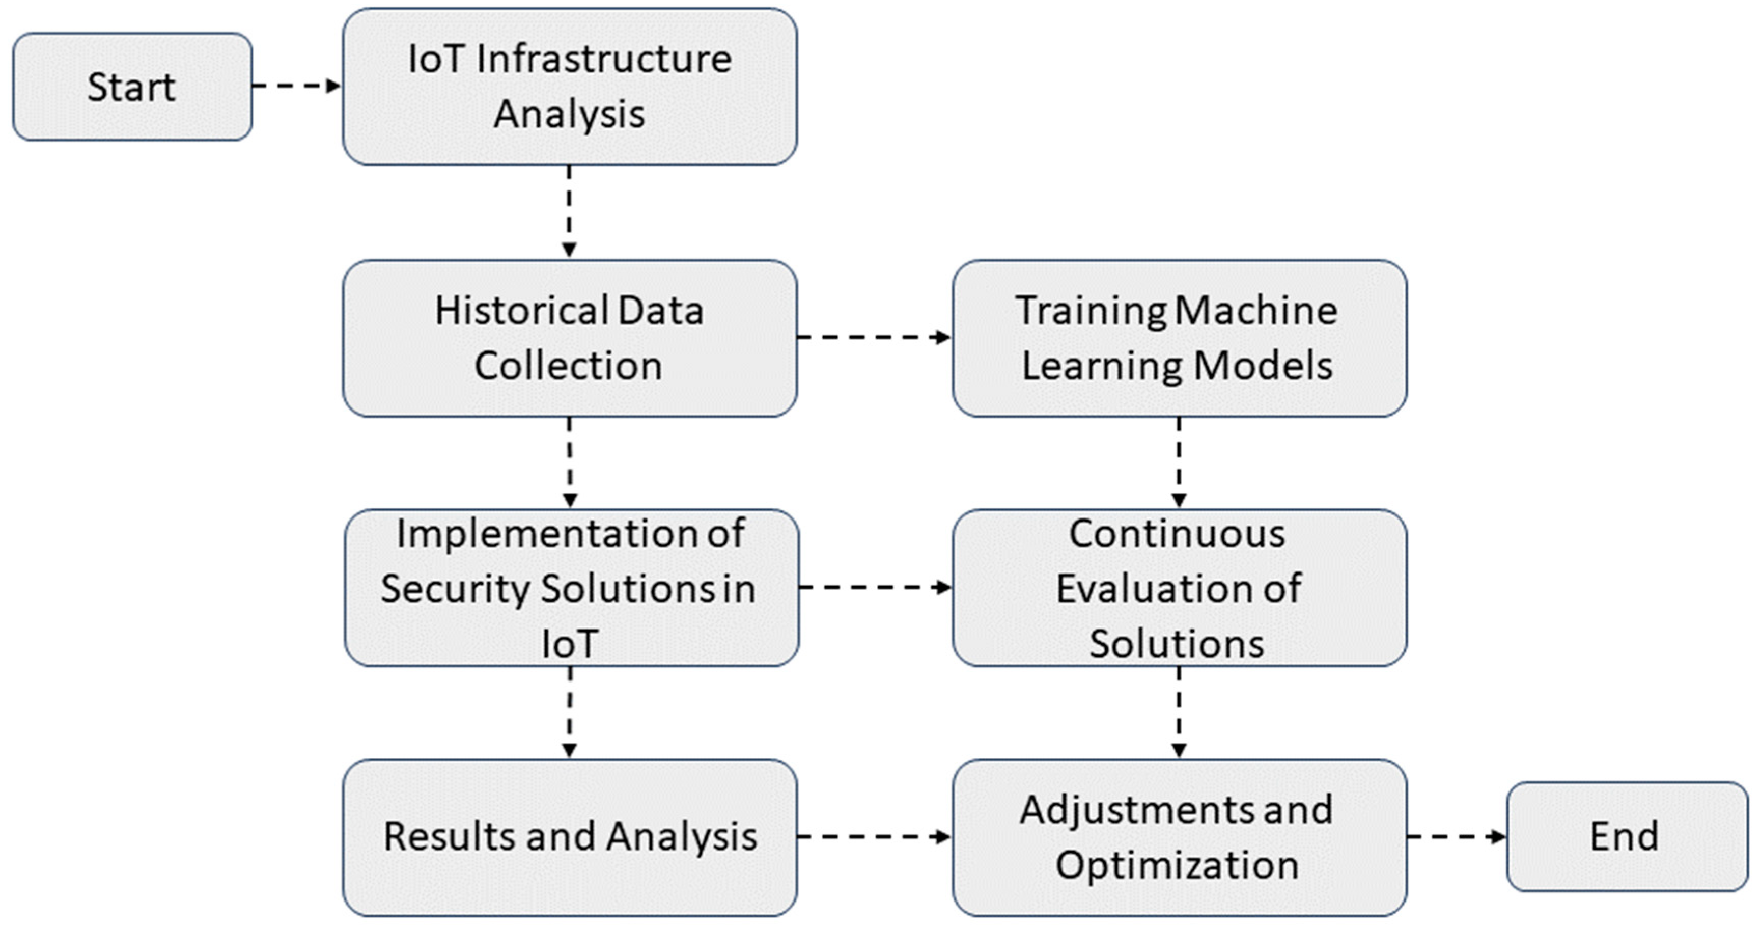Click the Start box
[132, 87]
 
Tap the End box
[1626, 836]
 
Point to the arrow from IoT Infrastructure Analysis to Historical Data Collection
[569, 211]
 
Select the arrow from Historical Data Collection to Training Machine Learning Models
[874, 337]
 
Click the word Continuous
[1177, 533]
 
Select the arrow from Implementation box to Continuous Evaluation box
[875, 587]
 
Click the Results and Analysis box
[570, 836]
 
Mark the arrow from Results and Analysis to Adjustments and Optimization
[874, 836]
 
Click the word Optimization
[1177, 865]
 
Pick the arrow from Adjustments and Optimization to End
[1456, 836]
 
